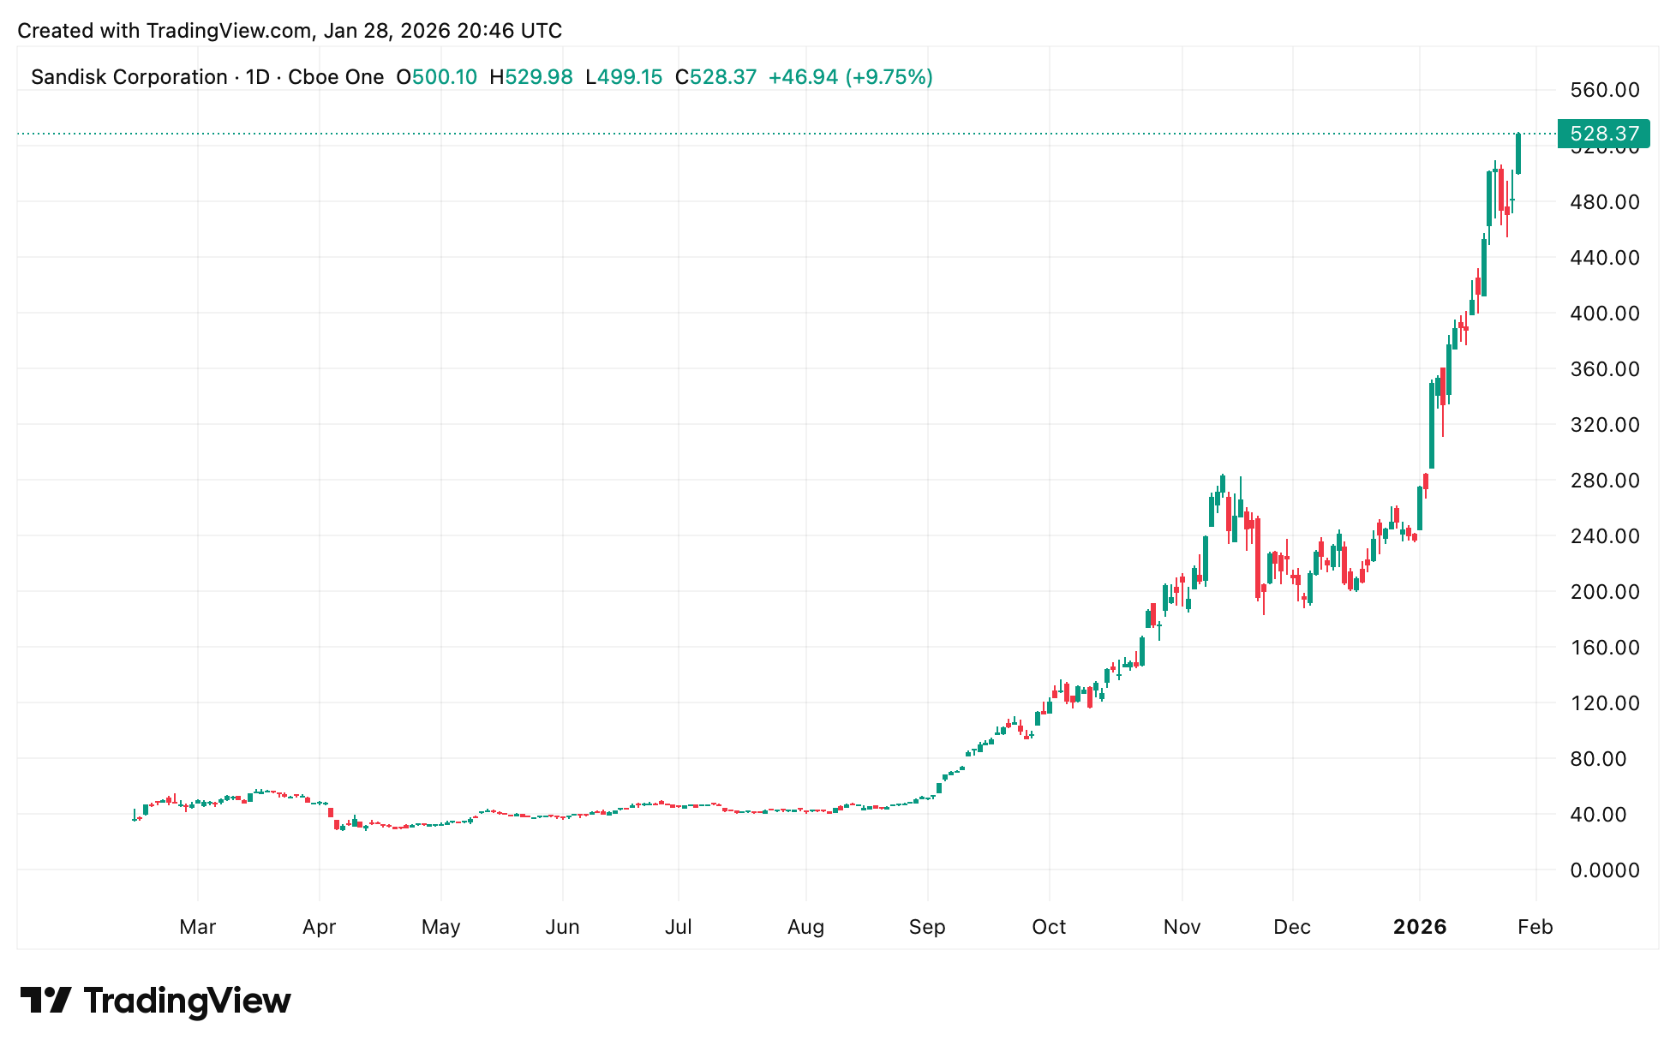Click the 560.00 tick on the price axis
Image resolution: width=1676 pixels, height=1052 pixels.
[x=1604, y=90]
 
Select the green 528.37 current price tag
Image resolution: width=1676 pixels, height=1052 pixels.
[x=1603, y=134]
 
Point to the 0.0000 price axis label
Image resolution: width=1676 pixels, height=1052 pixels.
[x=1604, y=870]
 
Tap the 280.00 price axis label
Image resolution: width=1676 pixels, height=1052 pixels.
[x=1604, y=481]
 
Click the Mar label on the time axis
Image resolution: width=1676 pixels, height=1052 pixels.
[x=198, y=927]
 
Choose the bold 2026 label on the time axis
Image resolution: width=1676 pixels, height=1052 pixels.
[x=1420, y=927]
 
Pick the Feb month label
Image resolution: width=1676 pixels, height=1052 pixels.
[x=1535, y=927]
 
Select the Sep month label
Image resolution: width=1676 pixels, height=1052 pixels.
[x=927, y=927]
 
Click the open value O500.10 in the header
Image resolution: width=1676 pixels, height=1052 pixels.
[x=436, y=77]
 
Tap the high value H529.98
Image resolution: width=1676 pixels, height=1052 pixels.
[x=531, y=77]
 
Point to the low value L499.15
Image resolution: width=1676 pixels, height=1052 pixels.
[x=624, y=77]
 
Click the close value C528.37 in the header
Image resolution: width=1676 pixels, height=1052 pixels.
[x=715, y=77]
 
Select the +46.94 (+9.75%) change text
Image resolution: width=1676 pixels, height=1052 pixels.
[x=850, y=77]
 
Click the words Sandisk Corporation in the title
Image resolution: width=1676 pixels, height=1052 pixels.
[x=129, y=77]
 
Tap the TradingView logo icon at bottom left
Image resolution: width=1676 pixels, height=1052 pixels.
[x=46, y=1001]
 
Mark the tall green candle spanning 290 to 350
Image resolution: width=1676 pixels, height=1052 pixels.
[x=1432, y=425]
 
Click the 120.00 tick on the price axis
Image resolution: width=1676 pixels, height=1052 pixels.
[x=1604, y=703]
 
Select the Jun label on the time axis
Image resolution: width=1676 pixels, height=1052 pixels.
[x=563, y=927]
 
